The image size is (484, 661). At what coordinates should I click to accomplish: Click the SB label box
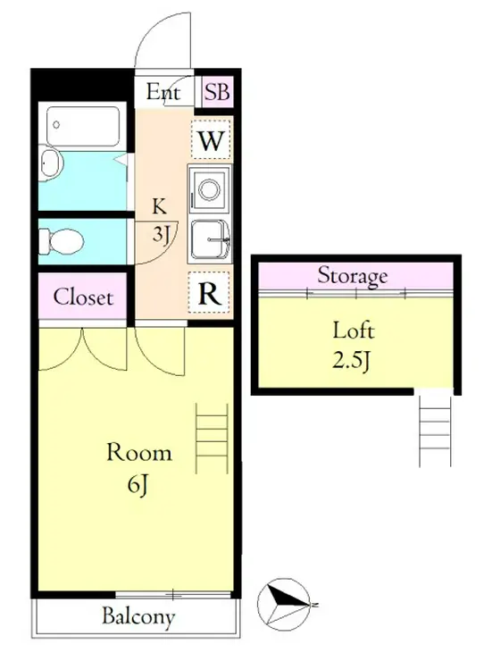pyautogui.click(x=218, y=91)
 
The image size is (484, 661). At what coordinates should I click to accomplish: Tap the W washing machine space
pyautogui.click(x=211, y=139)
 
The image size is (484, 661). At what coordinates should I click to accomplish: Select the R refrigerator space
pyautogui.click(x=210, y=293)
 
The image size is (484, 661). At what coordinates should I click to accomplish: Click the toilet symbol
pyautogui.click(x=62, y=241)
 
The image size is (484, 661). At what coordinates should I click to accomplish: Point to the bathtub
pyautogui.click(x=83, y=126)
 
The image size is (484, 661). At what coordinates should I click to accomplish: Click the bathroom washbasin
pyautogui.click(x=51, y=162)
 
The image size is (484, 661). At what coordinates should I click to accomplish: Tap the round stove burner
pyautogui.click(x=209, y=189)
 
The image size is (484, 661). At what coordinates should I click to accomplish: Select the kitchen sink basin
pyautogui.click(x=210, y=239)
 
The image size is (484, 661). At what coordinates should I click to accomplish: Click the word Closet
pyautogui.click(x=83, y=297)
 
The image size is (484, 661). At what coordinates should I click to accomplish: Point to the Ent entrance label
pyautogui.click(x=163, y=92)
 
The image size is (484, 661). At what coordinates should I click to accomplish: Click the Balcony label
pyautogui.click(x=138, y=616)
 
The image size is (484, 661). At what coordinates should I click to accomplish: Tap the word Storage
pyautogui.click(x=353, y=276)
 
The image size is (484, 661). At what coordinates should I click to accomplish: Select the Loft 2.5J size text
pyautogui.click(x=353, y=361)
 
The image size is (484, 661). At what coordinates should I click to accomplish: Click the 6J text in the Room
pyautogui.click(x=138, y=485)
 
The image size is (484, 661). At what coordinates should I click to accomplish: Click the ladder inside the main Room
pyautogui.click(x=212, y=438)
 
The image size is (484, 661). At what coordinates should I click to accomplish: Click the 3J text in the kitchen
pyautogui.click(x=161, y=234)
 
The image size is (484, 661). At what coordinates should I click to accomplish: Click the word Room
pyautogui.click(x=139, y=452)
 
